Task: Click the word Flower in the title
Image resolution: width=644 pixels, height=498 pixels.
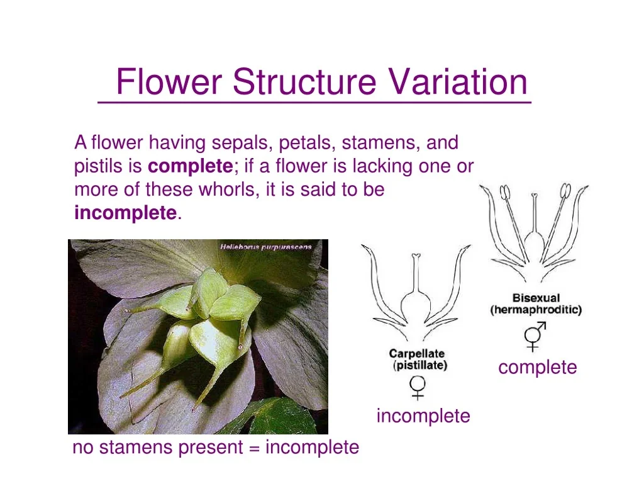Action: pos(169,81)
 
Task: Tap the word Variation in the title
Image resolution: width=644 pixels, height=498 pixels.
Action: pos(458,81)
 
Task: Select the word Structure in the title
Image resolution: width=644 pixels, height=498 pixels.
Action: pos(304,81)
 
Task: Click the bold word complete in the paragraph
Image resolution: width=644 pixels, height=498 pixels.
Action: pos(191,166)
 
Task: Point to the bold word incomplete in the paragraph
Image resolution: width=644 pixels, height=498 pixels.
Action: pos(126,213)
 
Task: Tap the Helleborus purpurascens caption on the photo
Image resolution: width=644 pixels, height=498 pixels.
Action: pos(266,247)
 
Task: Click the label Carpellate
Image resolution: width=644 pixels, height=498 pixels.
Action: pos(416,353)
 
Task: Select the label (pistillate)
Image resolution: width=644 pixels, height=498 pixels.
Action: pos(419,365)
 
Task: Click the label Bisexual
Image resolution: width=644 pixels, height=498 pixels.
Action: pos(536,298)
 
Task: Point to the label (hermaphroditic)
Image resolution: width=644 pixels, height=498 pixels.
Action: pos(536,309)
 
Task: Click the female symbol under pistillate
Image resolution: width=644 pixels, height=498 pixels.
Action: pos(418,388)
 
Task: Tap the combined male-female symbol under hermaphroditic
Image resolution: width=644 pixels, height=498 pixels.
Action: pos(535,336)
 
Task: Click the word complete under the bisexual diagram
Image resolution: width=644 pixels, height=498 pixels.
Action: pos(538,368)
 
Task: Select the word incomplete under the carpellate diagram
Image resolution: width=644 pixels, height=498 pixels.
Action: pos(423,416)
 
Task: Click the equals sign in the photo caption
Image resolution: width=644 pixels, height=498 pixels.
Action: pos(254,448)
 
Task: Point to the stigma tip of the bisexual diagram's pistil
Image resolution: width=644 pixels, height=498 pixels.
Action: pos(535,195)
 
